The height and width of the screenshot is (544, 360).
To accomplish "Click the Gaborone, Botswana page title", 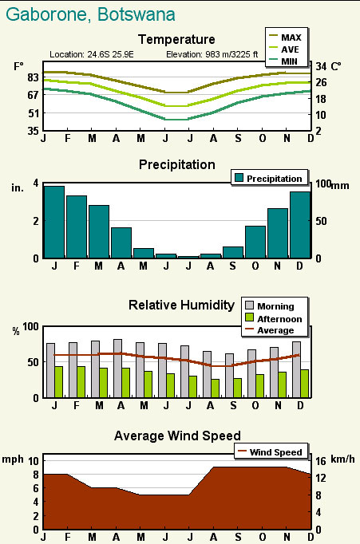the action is pos(90,14).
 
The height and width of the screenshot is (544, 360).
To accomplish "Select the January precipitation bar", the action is pos(54,223).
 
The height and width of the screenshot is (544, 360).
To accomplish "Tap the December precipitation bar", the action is pos(300,225).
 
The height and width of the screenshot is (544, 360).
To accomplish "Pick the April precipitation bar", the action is pos(121,242).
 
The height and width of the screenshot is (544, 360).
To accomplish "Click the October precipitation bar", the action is pos(255,242).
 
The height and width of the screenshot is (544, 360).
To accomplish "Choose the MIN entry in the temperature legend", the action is pos(283,61).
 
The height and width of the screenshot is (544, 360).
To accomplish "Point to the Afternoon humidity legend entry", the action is pos(274,318).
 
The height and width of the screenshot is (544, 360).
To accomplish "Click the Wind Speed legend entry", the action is pos(270,452).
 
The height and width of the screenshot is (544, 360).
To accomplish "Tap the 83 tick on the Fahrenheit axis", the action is pos(33,77).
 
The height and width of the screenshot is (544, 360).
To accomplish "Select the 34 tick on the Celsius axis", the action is pos(321,65).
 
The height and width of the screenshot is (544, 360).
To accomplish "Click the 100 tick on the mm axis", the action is pos(322,183).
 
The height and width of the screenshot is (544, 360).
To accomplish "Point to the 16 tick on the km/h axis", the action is pos(321,461).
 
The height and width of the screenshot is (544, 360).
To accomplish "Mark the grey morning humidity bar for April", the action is pos(117,369).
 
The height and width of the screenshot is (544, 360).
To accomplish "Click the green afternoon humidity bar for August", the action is pos(216,388).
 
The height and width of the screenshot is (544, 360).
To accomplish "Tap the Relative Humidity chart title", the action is pos(181,305).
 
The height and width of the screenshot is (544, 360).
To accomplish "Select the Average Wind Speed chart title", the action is pos(177,436).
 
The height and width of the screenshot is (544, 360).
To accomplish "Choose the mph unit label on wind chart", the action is pos(13,459).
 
